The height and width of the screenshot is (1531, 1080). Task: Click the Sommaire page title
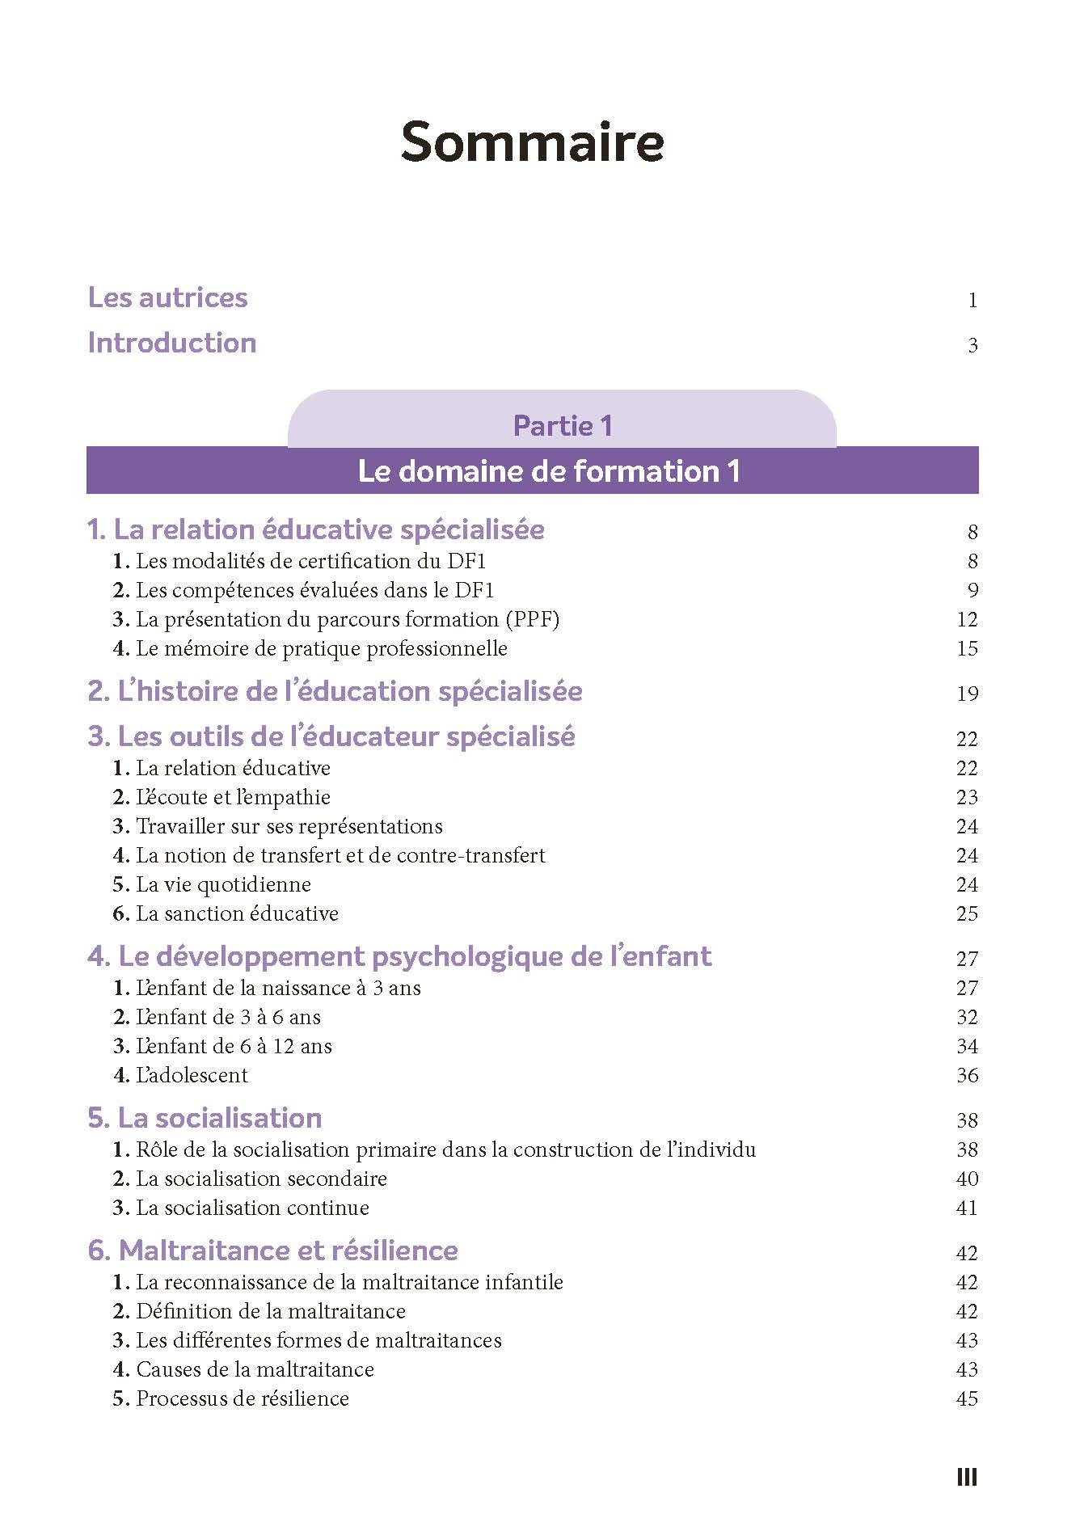(532, 142)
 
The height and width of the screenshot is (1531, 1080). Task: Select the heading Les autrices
(167, 297)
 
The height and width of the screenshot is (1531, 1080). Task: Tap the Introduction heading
(171, 343)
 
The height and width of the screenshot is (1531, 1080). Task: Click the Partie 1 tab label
(563, 425)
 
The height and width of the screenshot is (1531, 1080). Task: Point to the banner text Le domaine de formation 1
(549, 471)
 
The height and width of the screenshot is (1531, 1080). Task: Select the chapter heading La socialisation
(205, 1118)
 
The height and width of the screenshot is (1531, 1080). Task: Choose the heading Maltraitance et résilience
(272, 1251)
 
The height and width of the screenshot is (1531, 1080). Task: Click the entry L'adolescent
(192, 1075)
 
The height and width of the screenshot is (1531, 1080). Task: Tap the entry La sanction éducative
(236, 913)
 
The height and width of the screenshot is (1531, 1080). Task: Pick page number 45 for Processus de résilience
(967, 1398)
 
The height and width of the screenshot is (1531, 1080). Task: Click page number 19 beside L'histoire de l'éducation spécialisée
(967, 694)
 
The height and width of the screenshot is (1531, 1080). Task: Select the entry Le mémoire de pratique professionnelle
(321, 648)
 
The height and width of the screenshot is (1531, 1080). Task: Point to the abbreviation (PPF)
(533, 619)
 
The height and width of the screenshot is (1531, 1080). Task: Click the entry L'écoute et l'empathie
(233, 797)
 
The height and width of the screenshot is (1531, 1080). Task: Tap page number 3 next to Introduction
(972, 346)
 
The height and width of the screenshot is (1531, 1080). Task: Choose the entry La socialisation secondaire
(260, 1179)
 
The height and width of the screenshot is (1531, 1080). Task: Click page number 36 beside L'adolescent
(967, 1075)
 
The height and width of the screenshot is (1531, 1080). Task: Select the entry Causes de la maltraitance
(255, 1369)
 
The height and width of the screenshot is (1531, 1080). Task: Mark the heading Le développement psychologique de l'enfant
(399, 956)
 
